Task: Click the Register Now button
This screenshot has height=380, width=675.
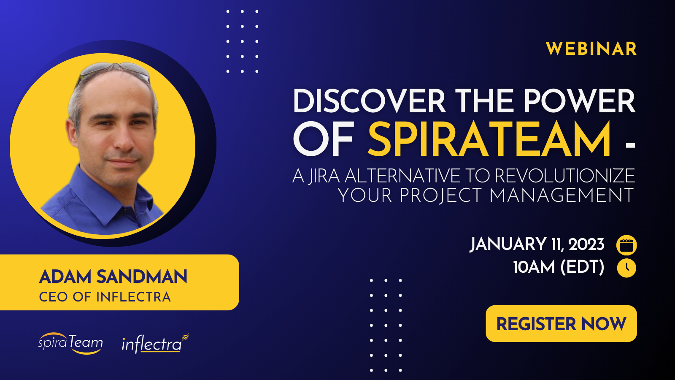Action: click(x=561, y=323)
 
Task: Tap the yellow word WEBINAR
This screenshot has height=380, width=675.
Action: click(x=591, y=49)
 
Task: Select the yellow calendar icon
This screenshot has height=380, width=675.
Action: click(x=626, y=245)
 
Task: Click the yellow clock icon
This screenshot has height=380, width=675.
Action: click(x=626, y=268)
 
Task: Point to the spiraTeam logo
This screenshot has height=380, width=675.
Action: click(x=70, y=343)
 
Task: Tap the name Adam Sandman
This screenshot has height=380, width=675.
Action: click(x=113, y=277)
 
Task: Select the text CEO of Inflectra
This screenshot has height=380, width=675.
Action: click(x=105, y=297)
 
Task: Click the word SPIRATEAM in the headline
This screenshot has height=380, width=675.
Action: click(x=489, y=139)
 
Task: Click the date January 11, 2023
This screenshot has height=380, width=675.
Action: click(x=537, y=244)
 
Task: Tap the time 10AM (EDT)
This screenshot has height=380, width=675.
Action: click(x=559, y=267)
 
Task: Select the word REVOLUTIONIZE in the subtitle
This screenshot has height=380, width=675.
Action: click(x=565, y=176)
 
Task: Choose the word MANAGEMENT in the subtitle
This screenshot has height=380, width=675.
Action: click(x=562, y=195)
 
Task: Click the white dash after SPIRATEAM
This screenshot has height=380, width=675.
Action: click(x=630, y=146)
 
